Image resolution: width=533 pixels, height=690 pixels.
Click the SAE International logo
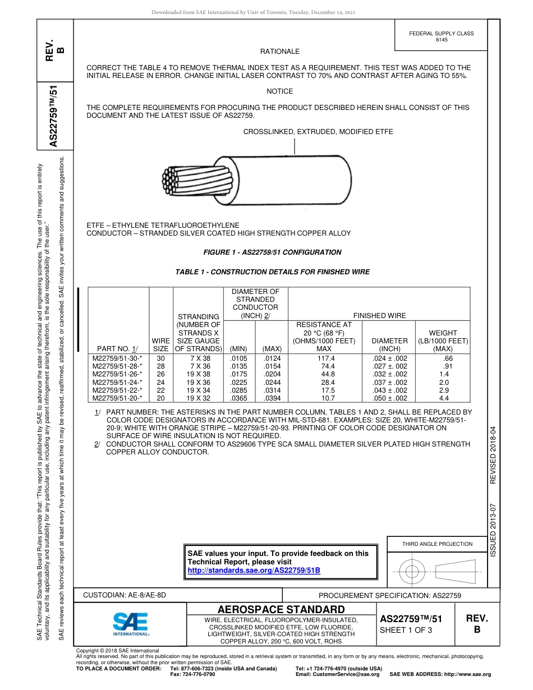pyautogui.click(x=131, y=623)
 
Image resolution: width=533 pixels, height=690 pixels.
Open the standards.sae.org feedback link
pyautogui.click(x=254, y=570)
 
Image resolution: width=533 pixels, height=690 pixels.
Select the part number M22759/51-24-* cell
pyautogui.click(x=117, y=382)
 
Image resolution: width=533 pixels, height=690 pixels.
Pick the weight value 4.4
pyautogui.click(x=444, y=398)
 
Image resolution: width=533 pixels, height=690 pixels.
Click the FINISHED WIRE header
pyautogui.click(x=379, y=316)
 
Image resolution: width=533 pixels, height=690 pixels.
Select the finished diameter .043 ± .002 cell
pyautogui.click(x=389, y=390)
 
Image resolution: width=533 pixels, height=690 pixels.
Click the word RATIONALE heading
pyautogui.click(x=280, y=52)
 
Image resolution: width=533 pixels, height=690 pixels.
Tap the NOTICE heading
pyautogui.click(x=279, y=91)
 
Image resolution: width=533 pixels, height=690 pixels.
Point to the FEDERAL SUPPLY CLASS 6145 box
pyautogui.click(x=442, y=36)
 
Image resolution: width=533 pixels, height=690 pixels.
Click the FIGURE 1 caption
pyautogui.click(x=273, y=252)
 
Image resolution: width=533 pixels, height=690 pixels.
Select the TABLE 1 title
pyautogui.click(x=273, y=272)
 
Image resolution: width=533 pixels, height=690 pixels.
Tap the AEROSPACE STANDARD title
pyautogui.click(x=281, y=610)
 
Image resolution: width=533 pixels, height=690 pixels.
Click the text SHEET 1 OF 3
pyautogui.click(x=406, y=630)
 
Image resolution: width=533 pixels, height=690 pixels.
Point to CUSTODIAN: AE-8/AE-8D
pyautogui.click(x=125, y=595)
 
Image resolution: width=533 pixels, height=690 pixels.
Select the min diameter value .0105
pyautogui.click(x=238, y=358)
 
